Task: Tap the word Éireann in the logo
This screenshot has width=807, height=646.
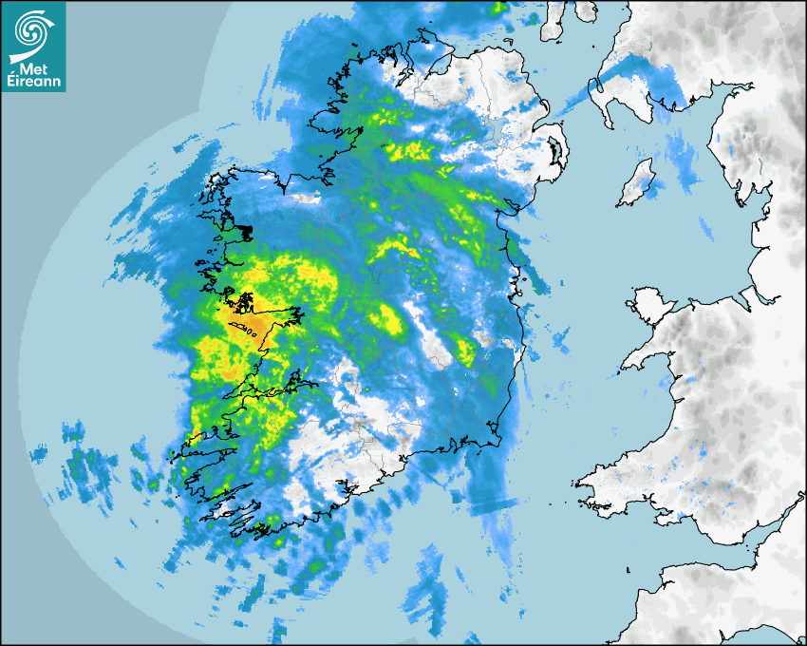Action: pos(33,82)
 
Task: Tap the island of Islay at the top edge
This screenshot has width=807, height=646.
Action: pos(551,19)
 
